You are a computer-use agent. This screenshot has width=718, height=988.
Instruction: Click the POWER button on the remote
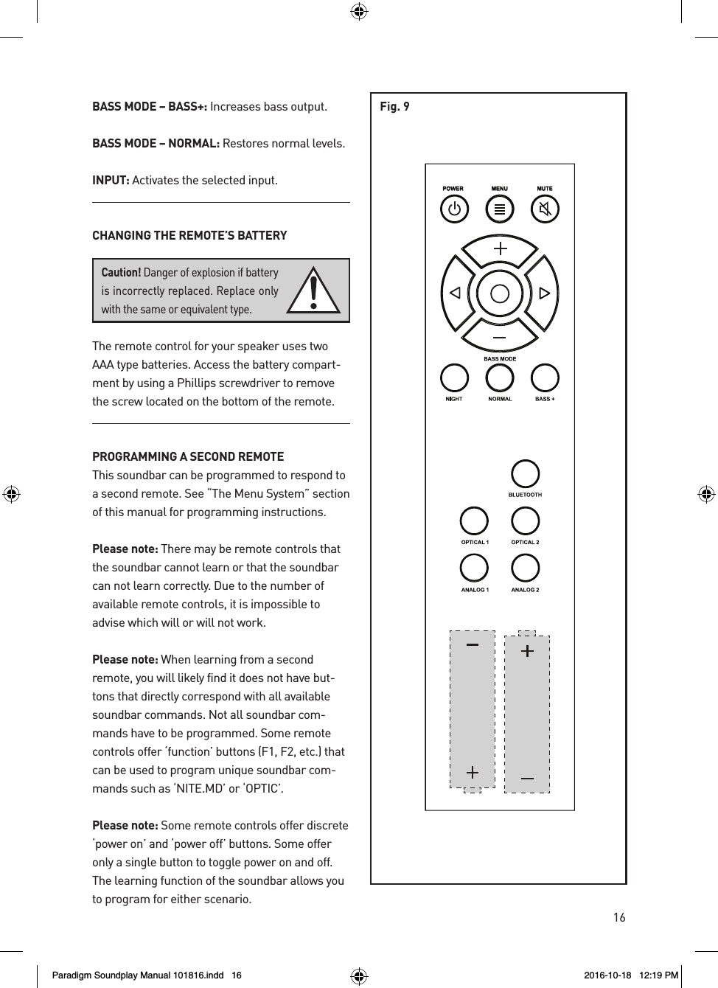(454, 209)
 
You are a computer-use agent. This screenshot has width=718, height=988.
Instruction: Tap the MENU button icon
(500, 209)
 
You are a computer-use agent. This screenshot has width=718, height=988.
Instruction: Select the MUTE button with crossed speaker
(545, 209)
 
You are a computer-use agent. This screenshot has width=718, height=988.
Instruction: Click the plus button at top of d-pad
(500, 249)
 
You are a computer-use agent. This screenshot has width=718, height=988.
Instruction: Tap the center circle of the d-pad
(500, 293)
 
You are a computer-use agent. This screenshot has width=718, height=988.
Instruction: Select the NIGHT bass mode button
(454, 378)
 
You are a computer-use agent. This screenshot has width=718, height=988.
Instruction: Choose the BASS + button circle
(545, 378)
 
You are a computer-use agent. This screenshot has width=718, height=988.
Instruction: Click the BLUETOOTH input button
(525, 474)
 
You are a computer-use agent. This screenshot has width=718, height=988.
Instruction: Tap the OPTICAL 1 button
(474, 521)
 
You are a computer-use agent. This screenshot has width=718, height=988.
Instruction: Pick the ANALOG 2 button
(525, 568)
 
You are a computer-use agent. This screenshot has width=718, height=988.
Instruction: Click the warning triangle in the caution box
(314, 292)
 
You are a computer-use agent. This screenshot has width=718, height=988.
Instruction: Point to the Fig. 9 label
(394, 107)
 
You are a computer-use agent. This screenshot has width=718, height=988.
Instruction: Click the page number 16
(618, 917)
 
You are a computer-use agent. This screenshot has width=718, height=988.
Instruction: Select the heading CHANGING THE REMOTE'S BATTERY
(189, 236)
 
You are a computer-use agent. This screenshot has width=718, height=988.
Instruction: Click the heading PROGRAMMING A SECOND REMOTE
(188, 457)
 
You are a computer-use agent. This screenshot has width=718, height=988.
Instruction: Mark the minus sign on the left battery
(473, 644)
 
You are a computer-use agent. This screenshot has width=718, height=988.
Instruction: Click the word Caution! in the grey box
(121, 273)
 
